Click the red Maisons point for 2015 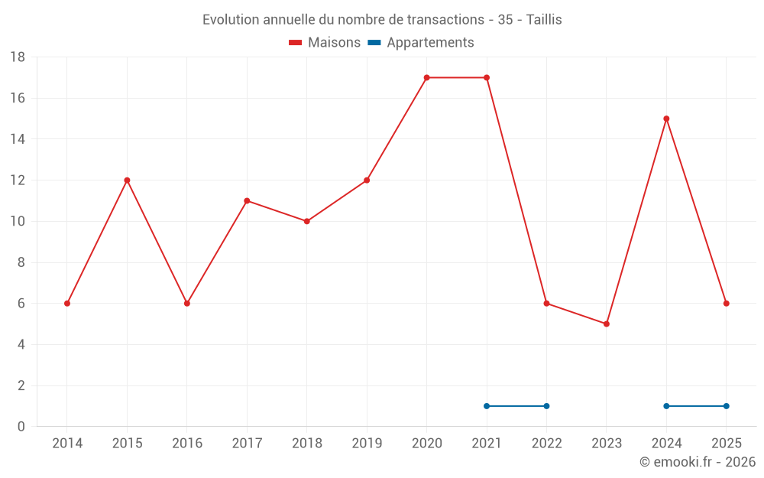tap(127, 180)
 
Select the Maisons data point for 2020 tap(427, 77)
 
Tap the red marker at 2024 tap(666, 119)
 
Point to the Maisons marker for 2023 tap(607, 324)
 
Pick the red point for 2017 tap(247, 201)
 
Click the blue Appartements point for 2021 tap(487, 406)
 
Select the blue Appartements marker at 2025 tap(727, 406)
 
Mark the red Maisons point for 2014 tap(67, 304)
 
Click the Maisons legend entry tap(325, 42)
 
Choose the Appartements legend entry tap(421, 42)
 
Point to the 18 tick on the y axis tap(18, 57)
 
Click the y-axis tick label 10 tap(18, 222)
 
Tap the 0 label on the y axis tap(21, 427)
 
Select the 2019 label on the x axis tap(367, 444)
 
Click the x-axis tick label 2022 tap(547, 444)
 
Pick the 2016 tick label tap(187, 444)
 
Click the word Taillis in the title tap(544, 20)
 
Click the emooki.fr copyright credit tap(698, 462)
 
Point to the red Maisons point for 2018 tap(307, 222)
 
